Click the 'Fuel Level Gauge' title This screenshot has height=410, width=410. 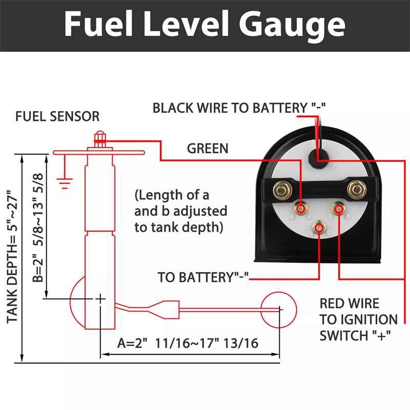pos(204,24)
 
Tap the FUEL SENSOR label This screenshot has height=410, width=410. pos(57,116)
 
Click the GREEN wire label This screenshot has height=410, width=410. pos(208,149)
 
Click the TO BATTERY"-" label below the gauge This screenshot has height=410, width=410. pos(203,278)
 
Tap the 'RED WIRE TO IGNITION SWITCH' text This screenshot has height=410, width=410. pos(358,320)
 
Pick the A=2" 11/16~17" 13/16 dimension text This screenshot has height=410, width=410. pos(188,343)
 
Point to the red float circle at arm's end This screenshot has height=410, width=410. pos(279,309)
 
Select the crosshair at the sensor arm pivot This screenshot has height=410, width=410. pos(100,298)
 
